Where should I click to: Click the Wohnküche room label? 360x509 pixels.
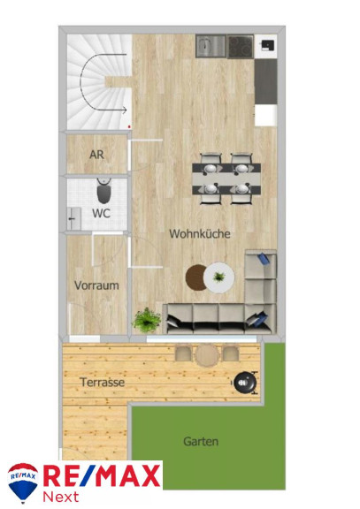[x=200, y=233]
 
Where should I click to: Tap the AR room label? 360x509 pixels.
[x=96, y=155]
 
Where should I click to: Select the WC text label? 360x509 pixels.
[x=101, y=213]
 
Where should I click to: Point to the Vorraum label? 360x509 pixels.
[x=96, y=285]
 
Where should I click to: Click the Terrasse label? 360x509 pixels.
[x=103, y=382]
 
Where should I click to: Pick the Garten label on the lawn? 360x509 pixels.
[x=201, y=442]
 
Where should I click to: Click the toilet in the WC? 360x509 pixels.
[x=104, y=191]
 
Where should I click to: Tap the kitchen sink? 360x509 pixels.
[x=211, y=46]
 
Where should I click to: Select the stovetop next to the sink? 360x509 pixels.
[x=241, y=47]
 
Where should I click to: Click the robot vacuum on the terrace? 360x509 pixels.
[x=245, y=383]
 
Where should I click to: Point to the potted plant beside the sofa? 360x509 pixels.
[x=147, y=320]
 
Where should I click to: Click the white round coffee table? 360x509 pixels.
[x=219, y=277]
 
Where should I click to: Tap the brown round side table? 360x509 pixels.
[x=195, y=277]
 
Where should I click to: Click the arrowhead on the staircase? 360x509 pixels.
[x=125, y=110]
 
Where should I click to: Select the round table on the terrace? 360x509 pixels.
[x=207, y=355]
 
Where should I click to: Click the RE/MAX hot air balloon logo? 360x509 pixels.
[x=23, y=482]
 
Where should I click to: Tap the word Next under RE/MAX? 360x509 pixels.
[x=61, y=497]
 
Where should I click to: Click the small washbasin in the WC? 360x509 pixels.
[x=73, y=219]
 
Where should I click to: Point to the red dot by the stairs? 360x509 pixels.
[x=129, y=126]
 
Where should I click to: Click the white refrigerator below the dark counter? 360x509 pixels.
[x=265, y=115]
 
